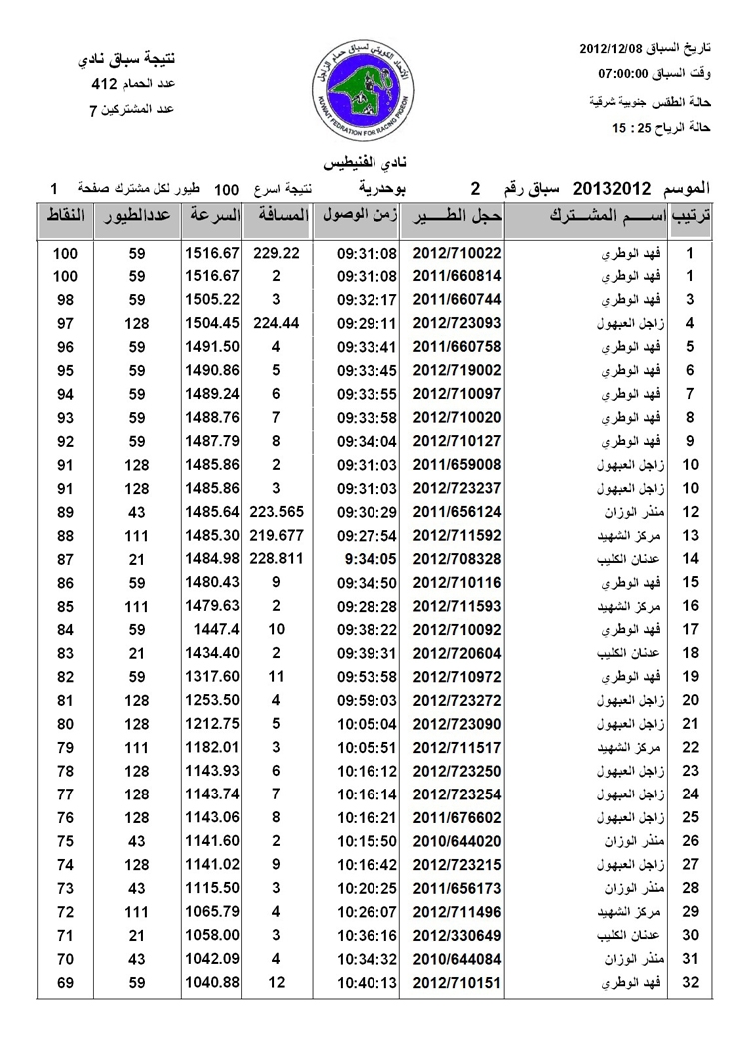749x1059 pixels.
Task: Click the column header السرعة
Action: [x=212, y=216]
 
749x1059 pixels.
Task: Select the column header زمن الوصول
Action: [x=359, y=216]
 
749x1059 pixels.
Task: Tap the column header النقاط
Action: [x=66, y=216]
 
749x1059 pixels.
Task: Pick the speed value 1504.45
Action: [x=212, y=323]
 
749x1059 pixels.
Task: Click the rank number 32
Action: [x=690, y=983]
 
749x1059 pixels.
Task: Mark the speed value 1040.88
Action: [x=212, y=983]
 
